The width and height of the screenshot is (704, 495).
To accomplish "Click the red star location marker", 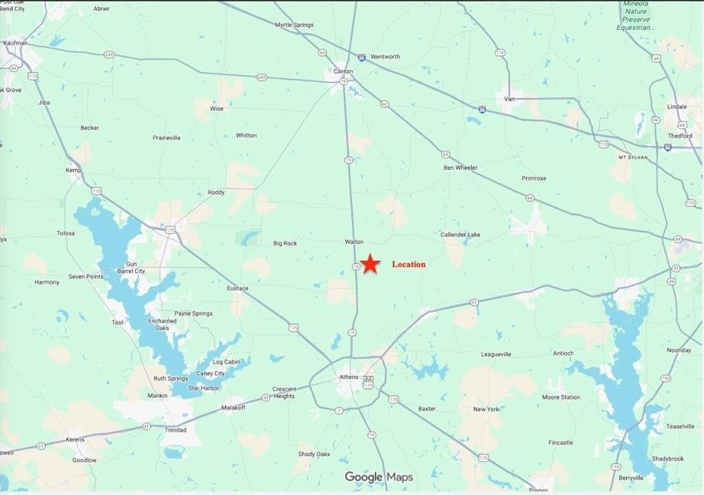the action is pos(370,264).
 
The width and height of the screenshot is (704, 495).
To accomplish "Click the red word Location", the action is pos(408,264).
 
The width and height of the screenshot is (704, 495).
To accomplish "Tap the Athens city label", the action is pos(349,377).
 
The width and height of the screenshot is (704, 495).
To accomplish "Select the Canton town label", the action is pos(343,71).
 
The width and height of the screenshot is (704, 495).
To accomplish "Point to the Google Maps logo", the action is pos(379,476).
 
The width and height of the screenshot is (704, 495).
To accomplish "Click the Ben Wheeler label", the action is pos(460,168).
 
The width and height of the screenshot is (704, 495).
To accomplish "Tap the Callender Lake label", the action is pos(460,235).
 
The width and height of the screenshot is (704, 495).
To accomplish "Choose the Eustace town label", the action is pos(237,288).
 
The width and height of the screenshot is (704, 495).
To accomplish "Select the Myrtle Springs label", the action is pos(294,25).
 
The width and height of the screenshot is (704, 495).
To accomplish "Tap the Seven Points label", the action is pos(85,277).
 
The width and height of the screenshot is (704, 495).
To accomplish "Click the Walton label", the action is pos(354,242).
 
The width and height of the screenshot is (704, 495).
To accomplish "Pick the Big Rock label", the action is pos(285,243).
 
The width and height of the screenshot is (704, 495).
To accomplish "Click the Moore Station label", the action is pos(560,397).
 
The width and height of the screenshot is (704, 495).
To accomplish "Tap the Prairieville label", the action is pos(166,137).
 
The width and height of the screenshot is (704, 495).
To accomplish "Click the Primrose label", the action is pos(533,178).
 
